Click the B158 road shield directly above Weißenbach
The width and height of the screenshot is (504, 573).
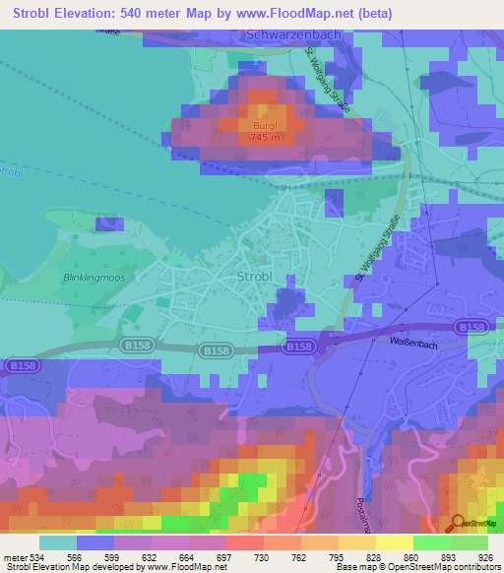coord(468,326)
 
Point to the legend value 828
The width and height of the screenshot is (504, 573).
coord(361,557)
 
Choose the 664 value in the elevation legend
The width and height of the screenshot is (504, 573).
coord(169,557)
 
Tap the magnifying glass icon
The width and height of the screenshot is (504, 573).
coord(458,522)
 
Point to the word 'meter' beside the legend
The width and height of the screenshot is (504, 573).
coord(12,557)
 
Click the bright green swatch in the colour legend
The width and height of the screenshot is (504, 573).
coord(431,542)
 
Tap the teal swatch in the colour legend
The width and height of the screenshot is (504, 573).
coord(58,542)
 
